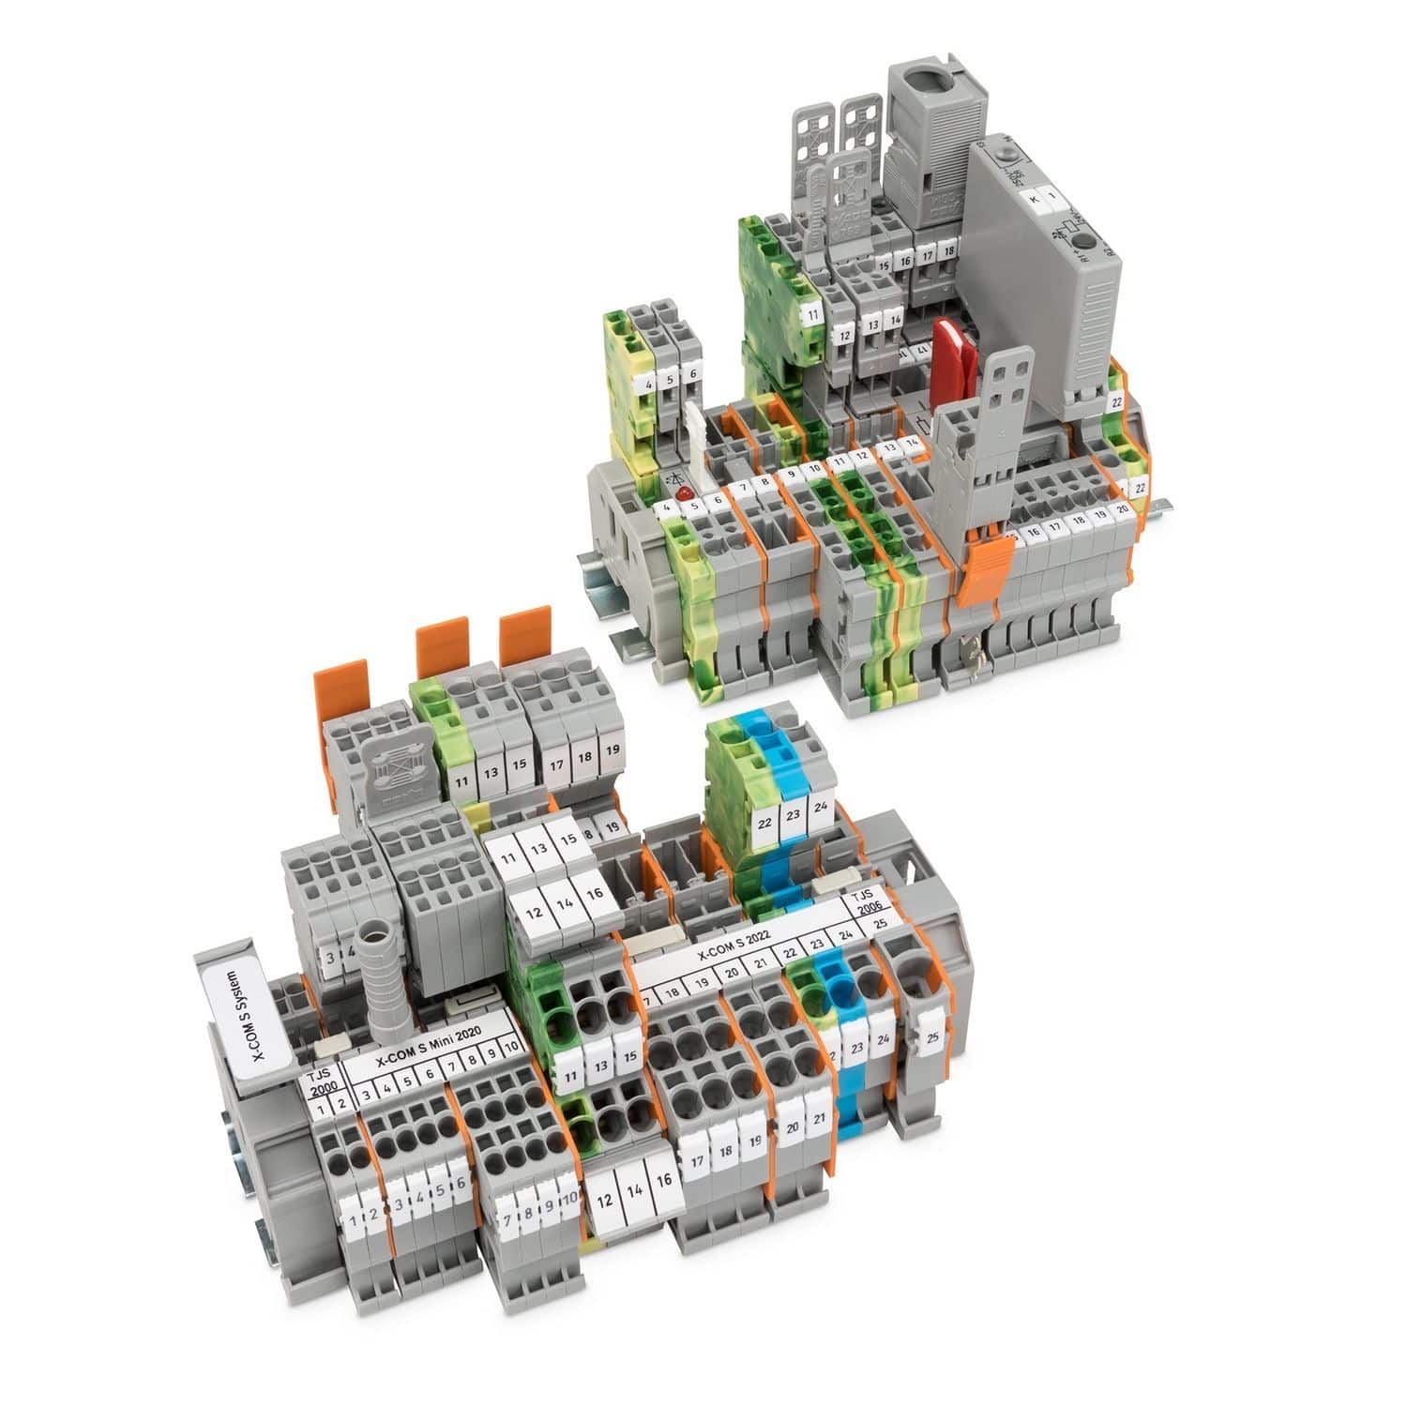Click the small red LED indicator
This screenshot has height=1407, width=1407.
tap(685, 492)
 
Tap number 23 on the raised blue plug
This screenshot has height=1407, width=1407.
tap(794, 815)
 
